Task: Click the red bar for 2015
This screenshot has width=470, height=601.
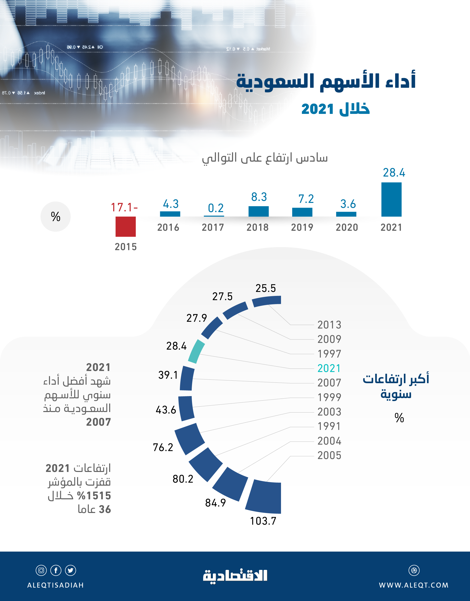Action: [126, 227]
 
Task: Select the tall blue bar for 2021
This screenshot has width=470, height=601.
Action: [391, 199]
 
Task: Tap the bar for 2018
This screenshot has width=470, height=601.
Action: [258, 211]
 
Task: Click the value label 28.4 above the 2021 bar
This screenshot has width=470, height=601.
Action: [394, 173]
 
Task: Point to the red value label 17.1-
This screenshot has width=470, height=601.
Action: [124, 207]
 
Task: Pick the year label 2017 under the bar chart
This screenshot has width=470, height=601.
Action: [213, 227]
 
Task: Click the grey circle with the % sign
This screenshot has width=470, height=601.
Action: [56, 217]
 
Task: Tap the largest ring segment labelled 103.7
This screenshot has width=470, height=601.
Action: [264, 497]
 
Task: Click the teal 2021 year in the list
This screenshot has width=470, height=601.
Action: [329, 368]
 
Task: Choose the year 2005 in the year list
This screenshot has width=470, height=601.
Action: [329, 456]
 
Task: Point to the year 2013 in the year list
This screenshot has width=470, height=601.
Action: [329, 325]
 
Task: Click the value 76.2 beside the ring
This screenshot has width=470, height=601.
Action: [163, 447]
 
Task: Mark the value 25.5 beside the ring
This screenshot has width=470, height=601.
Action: [266, 288]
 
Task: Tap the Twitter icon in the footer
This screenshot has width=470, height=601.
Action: [70, 570]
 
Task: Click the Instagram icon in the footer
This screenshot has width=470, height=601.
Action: [41, 570]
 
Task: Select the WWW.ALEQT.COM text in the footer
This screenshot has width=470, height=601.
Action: [414, 585]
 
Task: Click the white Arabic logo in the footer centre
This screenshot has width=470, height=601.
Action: [235, 576]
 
